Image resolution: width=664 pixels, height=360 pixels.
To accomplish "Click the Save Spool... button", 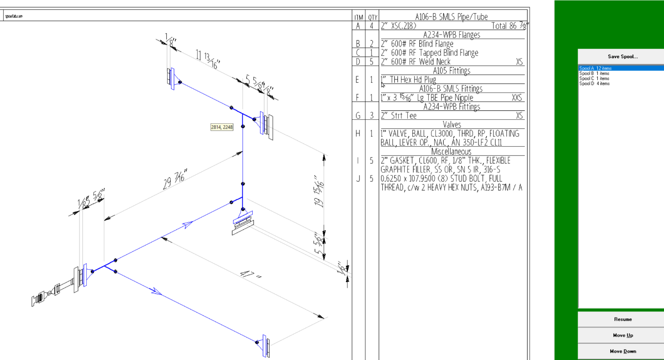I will click(x=622, y=57).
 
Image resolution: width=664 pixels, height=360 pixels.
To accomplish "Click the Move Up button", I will click(x=622, y=335).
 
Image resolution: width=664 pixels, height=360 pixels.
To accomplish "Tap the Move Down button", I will click(x=622, y=351).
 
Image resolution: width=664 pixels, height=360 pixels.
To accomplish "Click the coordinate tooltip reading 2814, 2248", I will click(x=222, y=127).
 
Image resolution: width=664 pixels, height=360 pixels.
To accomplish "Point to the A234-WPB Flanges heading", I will click(x=451, y=35).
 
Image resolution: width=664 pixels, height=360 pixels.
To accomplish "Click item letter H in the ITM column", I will click(x=358, y=133).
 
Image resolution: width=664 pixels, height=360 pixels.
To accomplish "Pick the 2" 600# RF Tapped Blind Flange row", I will click(x=429, y=53).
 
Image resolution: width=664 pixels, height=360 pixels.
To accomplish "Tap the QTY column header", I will click(x=372, y=17).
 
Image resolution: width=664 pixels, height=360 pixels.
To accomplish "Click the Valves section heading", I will click(x=452, y=125).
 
